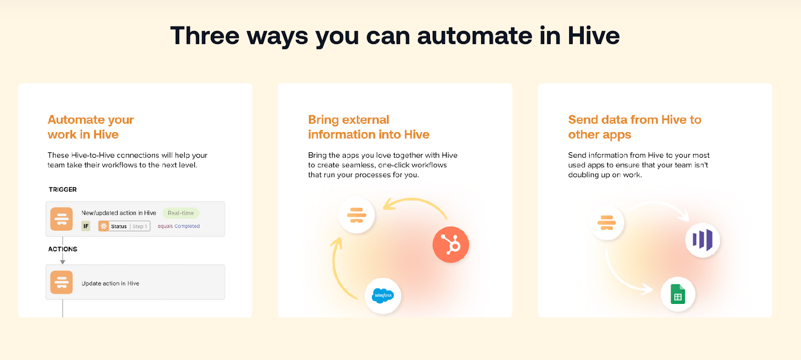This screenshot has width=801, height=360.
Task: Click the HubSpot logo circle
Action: (451, 245)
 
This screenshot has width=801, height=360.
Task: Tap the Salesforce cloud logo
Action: (383, 295)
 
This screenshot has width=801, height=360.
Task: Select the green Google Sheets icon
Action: (678, 294)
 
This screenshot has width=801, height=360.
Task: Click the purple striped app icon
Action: (702, 240)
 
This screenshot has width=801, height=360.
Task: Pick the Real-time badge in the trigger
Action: (181, 213)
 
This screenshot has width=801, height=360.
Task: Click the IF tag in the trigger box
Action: (86, 226)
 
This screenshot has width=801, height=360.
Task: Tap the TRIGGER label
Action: (63, 190)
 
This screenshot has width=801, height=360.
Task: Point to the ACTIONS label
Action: (63, 249)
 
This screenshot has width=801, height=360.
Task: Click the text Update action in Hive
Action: (110, 283)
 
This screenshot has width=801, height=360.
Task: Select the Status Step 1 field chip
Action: (124, 226)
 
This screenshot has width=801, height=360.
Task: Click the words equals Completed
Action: (179, 226)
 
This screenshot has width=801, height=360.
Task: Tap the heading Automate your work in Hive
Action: (91, 127)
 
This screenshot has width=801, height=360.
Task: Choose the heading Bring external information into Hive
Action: (368, 127)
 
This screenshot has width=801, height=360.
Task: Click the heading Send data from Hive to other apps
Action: (634, 127)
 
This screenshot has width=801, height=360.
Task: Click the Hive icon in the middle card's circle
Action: (356, 215)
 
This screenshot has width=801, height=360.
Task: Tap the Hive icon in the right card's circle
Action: (607, 222)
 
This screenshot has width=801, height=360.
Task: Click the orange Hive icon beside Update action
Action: (62, 282)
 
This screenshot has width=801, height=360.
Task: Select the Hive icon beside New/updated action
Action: (62, 219)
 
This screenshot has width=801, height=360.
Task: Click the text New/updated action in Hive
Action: (119, 213)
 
